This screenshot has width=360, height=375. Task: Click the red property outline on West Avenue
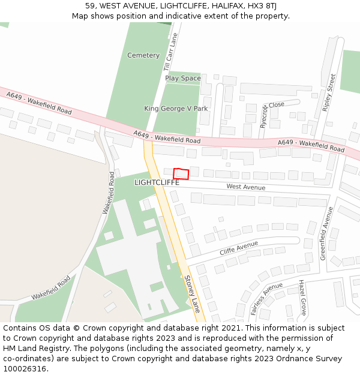(181, 173)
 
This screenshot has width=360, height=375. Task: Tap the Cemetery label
(143, 55)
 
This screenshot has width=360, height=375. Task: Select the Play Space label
(183, 78)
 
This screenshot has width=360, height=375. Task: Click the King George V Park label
(176, 109)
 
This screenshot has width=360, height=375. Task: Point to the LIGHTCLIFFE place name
(157, 182)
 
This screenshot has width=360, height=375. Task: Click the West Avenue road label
(245, 187)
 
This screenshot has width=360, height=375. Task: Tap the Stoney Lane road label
(192, 294)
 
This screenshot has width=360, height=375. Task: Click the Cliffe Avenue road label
(238, 248)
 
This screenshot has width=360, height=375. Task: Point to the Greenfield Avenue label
(325, 233)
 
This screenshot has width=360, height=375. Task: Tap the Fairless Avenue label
(266, 299)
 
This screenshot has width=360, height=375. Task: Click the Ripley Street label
(329, 92)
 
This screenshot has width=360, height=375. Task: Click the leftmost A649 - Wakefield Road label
(39, 103)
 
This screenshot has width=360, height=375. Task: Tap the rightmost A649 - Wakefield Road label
(311, 145)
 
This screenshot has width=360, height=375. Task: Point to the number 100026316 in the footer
(24, 368)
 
